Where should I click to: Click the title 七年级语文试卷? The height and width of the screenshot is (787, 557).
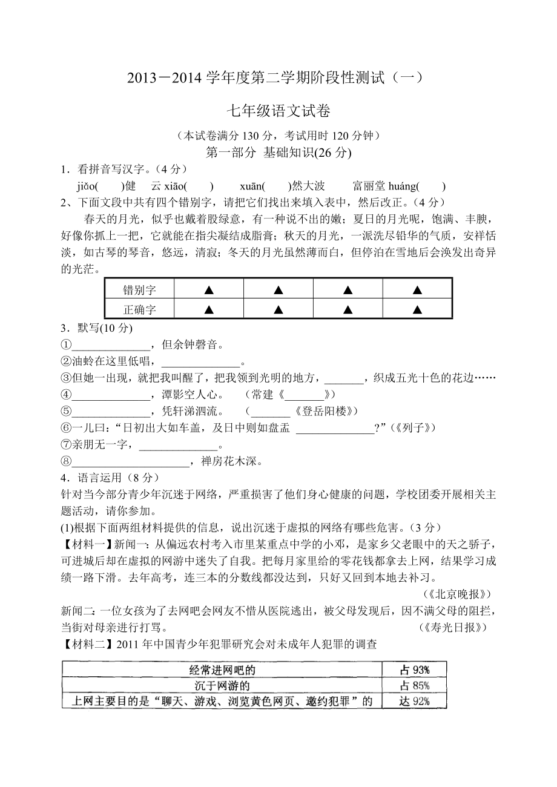[278, 111]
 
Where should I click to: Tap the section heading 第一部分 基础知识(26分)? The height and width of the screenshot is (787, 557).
[278, 153]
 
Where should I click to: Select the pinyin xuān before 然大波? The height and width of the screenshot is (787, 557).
[251, 186]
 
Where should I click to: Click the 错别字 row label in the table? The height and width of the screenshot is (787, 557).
[139, 290]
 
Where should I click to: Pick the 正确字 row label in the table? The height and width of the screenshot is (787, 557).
[139, 309]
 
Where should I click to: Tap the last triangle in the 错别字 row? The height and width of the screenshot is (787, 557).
[417, 290]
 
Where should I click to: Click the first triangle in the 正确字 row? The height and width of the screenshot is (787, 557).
[209, 309]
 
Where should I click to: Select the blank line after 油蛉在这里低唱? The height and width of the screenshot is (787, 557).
[202, 364]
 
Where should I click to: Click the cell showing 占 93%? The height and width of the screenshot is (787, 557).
[415, 670]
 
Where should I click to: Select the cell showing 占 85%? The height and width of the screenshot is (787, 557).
[415, 686]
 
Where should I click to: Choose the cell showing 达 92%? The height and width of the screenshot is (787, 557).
[415, 702]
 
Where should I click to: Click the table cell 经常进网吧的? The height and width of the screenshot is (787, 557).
[222, 670]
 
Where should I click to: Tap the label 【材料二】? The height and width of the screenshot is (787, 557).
[84, 645]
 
